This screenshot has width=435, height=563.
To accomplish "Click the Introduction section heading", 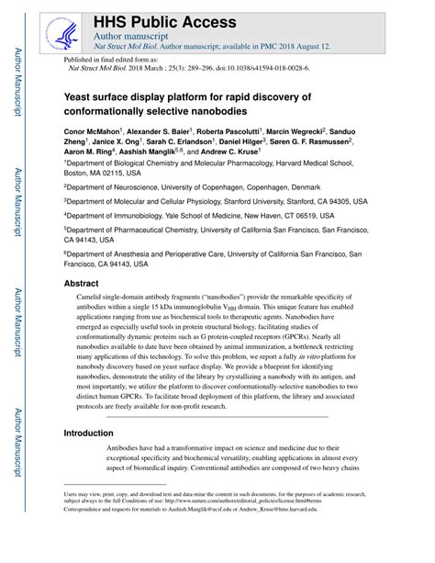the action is click(95, 432).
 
